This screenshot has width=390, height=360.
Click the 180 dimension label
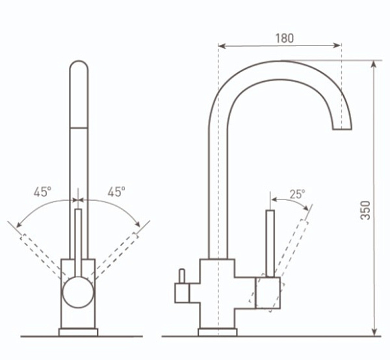click(285, 38)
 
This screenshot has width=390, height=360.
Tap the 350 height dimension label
click(365, 211)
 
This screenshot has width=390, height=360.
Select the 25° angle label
click(297, 194)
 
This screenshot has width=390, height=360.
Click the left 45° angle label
click(42, 192)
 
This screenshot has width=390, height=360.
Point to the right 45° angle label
click(116, 192)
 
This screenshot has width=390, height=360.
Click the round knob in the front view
click(78, 292)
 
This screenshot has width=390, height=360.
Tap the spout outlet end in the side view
click(342, 129)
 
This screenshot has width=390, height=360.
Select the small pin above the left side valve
click(182, 276)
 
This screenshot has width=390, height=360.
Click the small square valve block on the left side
click(182, 293)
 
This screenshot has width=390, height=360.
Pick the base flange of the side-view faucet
click(218, 332)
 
